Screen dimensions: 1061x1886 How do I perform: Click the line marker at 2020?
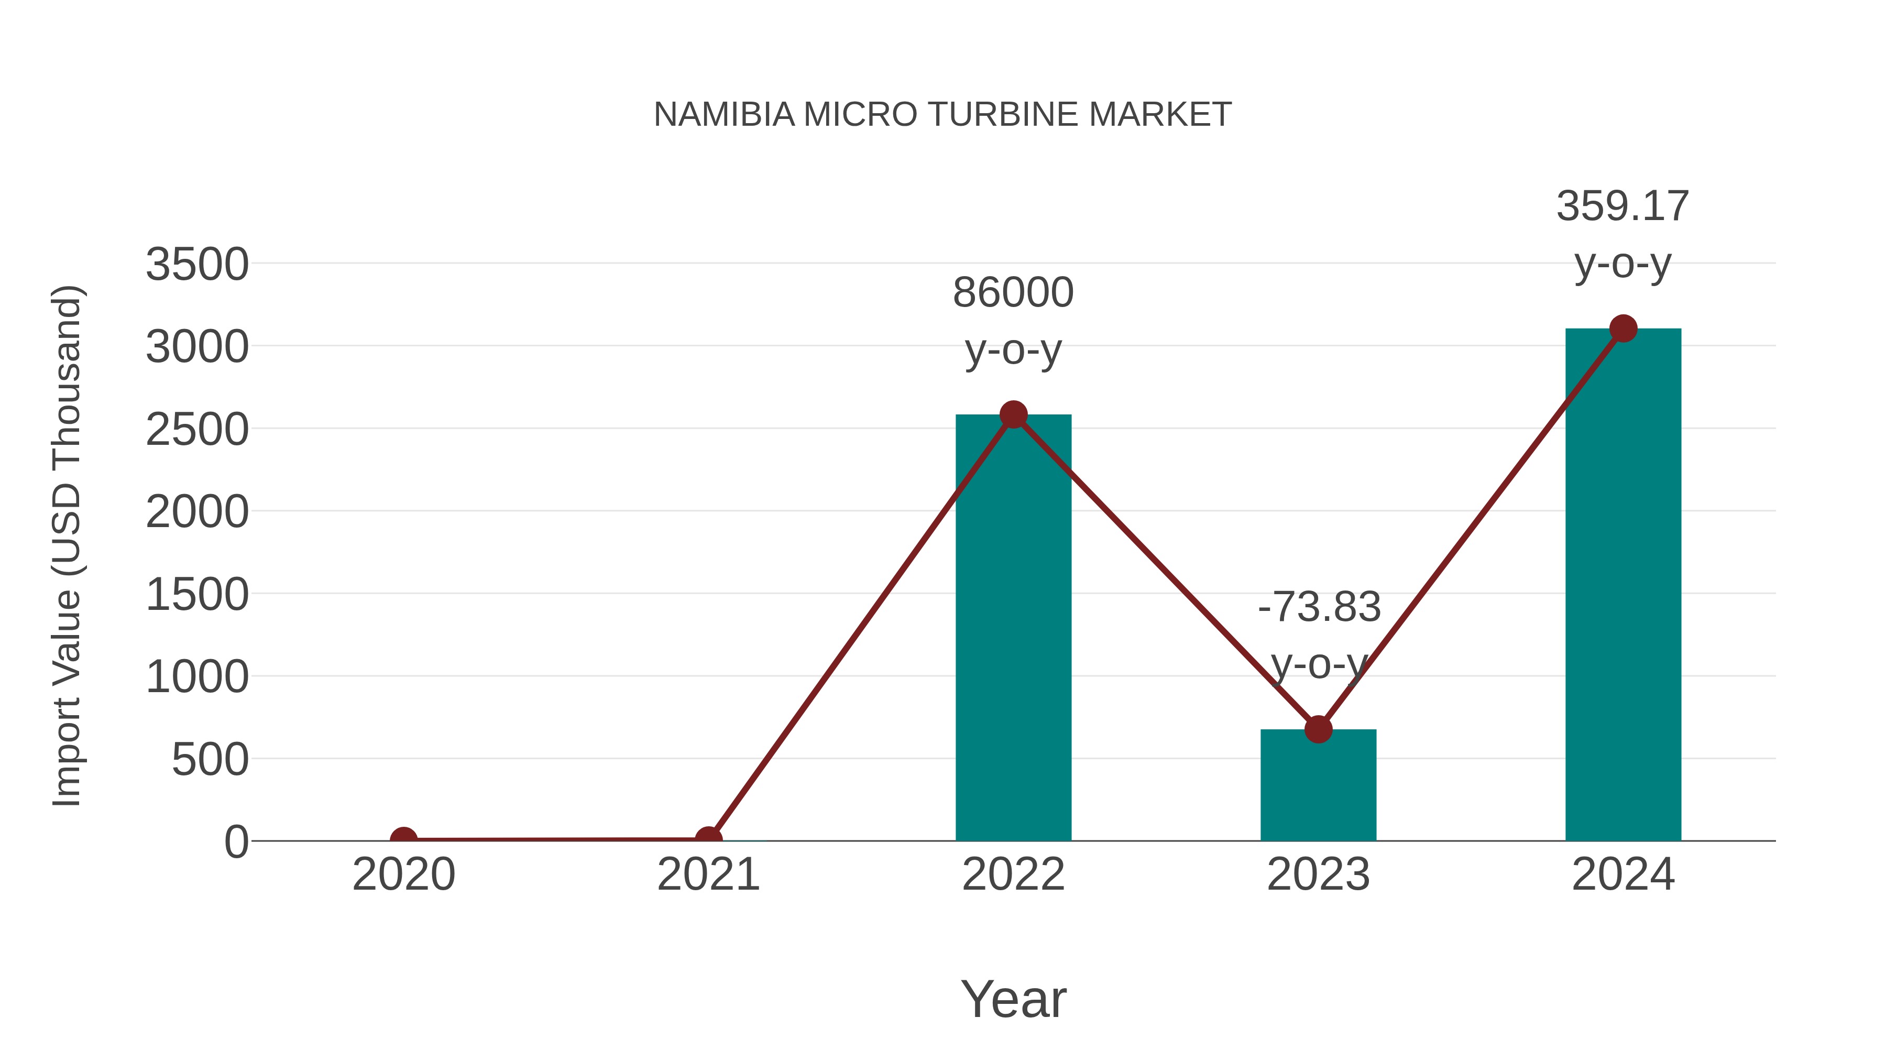(403, 839)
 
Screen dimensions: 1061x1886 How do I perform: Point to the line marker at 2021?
(708, 839)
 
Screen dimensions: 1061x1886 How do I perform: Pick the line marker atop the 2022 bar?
(1013, 414)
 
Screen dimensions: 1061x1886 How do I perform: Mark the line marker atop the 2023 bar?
(1318, 729)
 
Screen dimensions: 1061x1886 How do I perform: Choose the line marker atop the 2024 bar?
(1623, 329)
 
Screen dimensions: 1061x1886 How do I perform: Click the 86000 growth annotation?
(1013, 293)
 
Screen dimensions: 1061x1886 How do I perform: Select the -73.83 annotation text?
(1319, 607)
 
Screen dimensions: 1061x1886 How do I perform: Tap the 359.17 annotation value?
(1622, 206)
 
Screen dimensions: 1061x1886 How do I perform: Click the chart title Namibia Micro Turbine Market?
(942, 115)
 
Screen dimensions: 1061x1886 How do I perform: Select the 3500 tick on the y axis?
(197, 265)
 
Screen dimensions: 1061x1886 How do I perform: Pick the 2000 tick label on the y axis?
(197, 512)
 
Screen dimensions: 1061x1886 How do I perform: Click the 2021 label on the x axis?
(708, 874)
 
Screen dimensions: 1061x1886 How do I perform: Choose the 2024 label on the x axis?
(1623, 874)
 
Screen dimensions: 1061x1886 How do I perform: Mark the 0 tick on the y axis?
(236, 841)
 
